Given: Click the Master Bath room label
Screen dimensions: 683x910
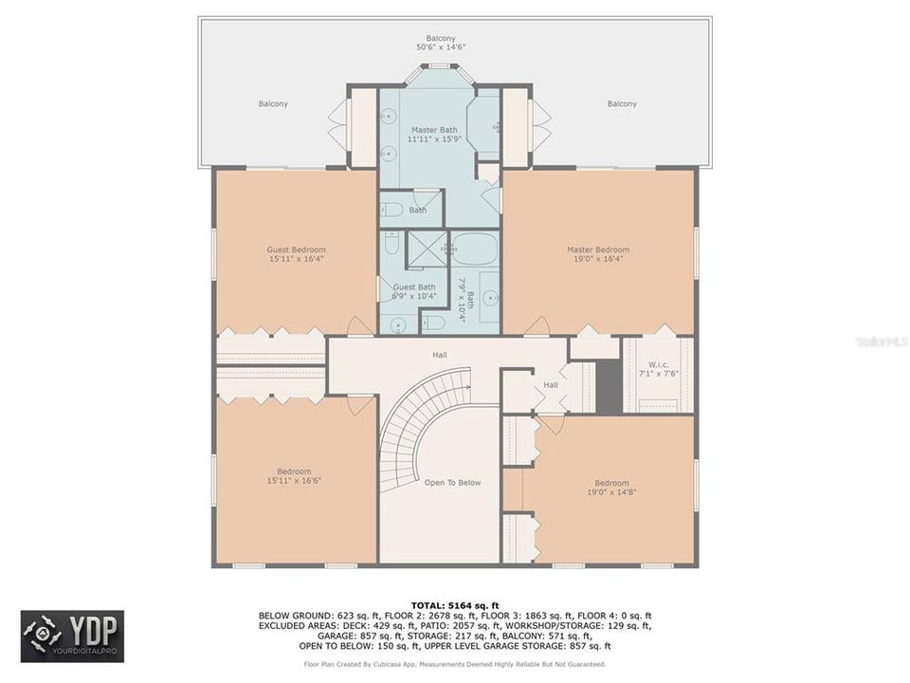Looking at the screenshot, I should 434,129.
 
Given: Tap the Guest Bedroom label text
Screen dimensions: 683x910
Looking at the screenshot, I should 296,250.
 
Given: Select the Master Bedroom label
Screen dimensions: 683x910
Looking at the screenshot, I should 598,250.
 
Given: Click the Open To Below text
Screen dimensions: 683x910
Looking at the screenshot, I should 452,483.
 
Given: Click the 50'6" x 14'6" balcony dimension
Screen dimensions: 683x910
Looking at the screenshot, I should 441,46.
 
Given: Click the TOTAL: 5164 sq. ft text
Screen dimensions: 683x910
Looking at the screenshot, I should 454,604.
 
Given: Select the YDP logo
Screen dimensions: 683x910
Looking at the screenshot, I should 72,636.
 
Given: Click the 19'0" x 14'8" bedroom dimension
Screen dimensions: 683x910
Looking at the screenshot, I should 611,492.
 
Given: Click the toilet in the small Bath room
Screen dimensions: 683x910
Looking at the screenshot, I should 393,211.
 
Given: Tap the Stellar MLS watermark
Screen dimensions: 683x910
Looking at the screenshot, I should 881,341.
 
